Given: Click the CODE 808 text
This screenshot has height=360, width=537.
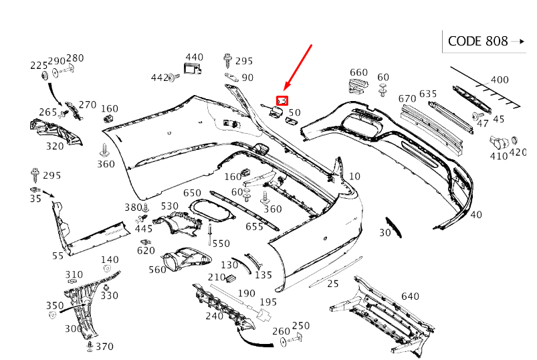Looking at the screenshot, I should (477, 41).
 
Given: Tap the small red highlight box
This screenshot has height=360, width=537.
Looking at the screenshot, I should (282, 100).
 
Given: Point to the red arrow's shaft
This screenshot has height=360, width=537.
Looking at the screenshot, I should (298, 66).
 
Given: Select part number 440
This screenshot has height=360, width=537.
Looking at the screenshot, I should (194, 57).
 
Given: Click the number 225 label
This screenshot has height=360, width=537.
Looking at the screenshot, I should (39, 65).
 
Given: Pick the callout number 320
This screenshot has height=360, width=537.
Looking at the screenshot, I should (55, 146).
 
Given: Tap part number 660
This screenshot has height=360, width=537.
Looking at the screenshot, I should (358, 72).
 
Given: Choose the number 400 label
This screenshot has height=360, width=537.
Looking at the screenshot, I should (499, 80).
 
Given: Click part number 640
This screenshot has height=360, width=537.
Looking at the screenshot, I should (410, 296).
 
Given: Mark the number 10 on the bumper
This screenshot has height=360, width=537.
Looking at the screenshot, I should (354, 176).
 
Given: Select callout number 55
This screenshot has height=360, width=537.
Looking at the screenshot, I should (58, 256).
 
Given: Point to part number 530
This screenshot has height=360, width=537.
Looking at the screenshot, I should (170, 205).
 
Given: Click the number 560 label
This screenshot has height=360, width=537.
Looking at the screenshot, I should (157, 269).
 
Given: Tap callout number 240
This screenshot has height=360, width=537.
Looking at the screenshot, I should (214, 316).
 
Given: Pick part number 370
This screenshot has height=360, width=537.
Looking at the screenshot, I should (104, 347).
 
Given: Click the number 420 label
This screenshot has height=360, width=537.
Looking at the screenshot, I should (518, 152).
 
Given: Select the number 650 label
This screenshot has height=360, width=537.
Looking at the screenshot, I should (193, 193).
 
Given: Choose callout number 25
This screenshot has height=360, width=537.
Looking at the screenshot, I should (333, 283).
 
